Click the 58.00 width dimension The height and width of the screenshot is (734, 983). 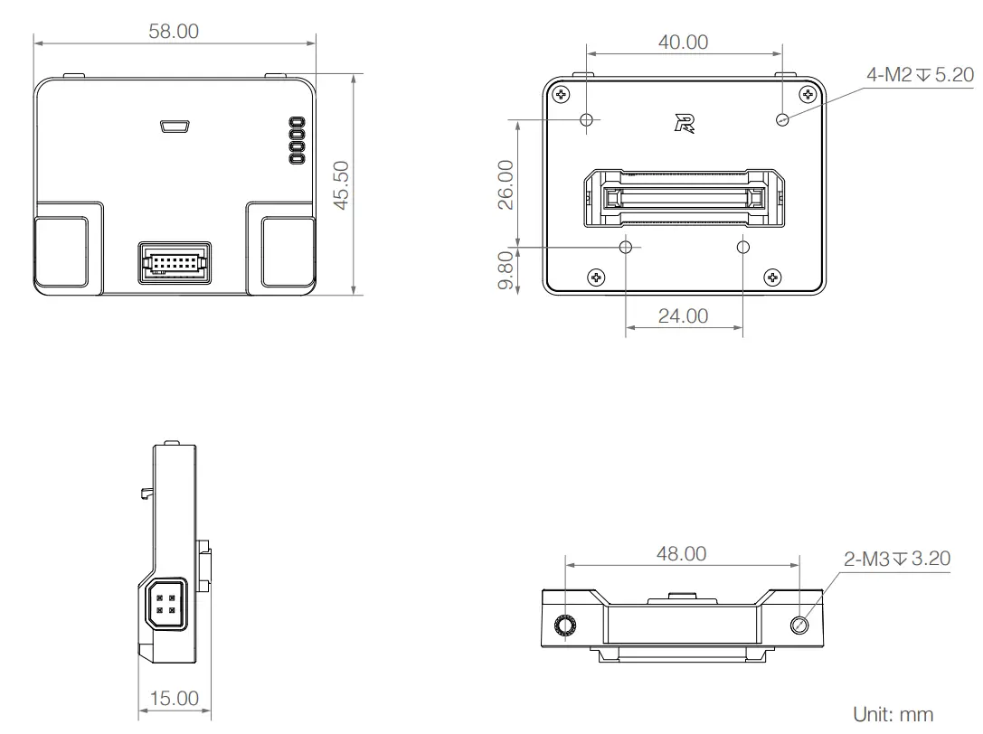174,31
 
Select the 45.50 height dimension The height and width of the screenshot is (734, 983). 341,185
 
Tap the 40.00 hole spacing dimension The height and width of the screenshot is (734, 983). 683,42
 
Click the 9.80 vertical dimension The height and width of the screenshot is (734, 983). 506,271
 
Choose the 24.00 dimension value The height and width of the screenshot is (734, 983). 683,315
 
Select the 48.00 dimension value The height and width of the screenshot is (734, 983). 681,553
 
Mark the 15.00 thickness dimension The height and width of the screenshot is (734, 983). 174,698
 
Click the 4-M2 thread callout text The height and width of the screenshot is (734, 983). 920,75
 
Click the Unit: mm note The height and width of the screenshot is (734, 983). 893,714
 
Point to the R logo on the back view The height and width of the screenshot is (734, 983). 685,124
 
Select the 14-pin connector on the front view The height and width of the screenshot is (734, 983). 175,264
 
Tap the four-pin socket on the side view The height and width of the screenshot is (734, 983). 165,603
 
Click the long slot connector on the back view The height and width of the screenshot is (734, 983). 684,198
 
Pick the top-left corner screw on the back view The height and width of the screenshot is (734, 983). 562,94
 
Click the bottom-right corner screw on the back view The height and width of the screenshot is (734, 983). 772,277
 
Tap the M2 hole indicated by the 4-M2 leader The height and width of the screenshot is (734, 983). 782,118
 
